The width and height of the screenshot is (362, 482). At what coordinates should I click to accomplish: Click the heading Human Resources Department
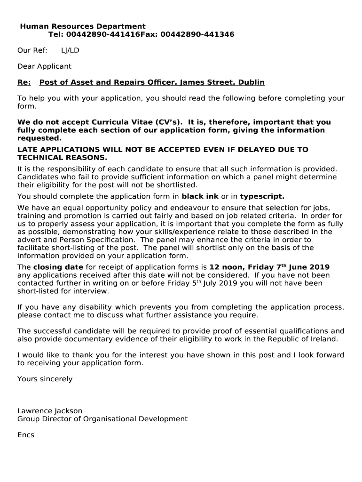coord(83,26)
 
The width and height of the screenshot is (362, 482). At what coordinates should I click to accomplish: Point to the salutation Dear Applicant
coord(44,66)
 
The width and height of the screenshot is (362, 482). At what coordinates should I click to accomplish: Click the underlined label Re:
coord(24,82)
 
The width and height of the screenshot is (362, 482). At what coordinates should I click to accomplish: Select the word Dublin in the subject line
coord(251,82)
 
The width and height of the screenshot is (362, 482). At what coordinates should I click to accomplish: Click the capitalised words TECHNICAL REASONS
coord(62,157)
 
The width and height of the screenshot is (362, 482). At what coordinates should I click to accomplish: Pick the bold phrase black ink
coord(200,196)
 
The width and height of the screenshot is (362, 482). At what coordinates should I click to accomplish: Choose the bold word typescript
coord(262,196)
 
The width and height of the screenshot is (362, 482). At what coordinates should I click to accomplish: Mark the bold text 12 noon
coord(225,267)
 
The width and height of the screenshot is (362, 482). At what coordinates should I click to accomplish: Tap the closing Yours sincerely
coord(45,379)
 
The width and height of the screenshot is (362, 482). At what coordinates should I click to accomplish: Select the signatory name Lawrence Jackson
coord(49,411)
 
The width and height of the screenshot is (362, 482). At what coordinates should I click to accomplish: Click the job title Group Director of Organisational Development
coord(102,419)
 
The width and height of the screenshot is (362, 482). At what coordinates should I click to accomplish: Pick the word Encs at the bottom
coord(26,435)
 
